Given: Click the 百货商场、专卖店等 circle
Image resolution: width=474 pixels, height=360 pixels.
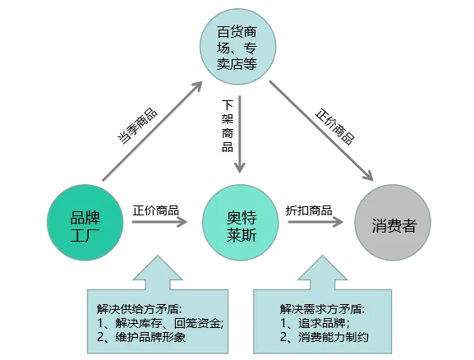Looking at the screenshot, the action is point(238,47).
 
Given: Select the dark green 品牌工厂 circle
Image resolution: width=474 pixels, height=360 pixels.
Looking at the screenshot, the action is point(85,223).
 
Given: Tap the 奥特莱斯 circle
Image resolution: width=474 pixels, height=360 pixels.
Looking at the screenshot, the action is point(241,223).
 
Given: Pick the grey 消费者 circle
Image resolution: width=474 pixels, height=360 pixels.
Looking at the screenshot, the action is point(393,223).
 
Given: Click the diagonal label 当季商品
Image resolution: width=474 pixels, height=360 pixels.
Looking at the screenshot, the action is point(137,126).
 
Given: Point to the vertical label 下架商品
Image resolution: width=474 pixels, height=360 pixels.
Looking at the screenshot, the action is point(228,126).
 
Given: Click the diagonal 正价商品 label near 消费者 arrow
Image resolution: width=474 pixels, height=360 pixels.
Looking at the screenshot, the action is point(334,127).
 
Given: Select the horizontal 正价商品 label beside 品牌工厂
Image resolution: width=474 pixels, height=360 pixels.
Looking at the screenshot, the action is point(156,210).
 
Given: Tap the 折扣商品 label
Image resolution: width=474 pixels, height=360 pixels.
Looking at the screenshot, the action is point(309,210).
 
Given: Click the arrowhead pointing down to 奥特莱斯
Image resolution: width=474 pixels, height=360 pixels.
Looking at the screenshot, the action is point(240,167).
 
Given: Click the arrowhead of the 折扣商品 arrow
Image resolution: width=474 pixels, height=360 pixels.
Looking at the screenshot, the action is point(338,223).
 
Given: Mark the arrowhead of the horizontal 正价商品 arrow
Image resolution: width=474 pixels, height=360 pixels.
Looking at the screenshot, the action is point(182,223).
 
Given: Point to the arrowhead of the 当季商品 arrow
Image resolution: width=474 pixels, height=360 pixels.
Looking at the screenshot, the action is point(197,86).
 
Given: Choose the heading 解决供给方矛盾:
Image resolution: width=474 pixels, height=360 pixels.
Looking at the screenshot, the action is point(140,309).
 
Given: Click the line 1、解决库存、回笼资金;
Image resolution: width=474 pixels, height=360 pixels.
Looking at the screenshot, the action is point(160,323).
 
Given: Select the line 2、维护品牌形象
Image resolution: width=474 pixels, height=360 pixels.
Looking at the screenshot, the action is point(141,337).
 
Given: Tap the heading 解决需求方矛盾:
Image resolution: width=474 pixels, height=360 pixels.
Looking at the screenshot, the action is point(322,309).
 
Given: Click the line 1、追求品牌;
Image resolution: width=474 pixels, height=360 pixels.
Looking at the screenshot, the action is point(315,323).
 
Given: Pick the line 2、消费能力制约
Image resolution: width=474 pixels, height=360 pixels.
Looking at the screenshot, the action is point(324,337).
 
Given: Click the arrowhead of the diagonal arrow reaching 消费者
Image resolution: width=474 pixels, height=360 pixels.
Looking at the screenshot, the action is point(368,175).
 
